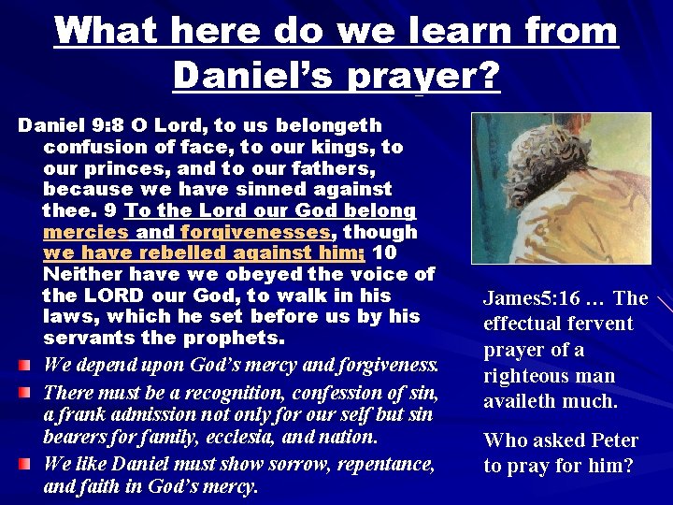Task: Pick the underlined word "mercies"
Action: (x=86, y=232)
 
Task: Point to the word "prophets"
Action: (x=227, y=339)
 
